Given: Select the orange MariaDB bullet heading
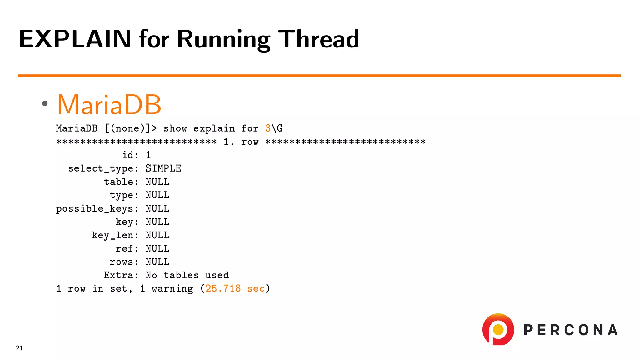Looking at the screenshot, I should tap(109, 104).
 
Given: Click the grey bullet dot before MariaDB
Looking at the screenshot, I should tap(45, 103).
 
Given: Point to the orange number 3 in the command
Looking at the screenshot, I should tap(268, 128).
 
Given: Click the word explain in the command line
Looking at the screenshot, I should tap(214, 128).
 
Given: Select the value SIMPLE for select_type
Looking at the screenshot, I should tap(163, 168).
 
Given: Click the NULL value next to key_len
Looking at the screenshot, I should tap(157, 235).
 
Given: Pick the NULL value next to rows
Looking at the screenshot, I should tap(157, 262).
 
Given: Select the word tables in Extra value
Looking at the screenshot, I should tap(181, 275).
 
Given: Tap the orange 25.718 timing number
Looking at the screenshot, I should tap(223, 288).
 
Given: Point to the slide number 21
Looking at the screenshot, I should tap(19, 348).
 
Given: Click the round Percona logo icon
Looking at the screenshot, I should tap(498, 329).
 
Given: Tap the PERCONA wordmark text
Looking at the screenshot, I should tap(571, 330).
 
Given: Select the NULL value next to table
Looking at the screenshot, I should tap(157, 182).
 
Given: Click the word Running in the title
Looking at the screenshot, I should tap(224, 39).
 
